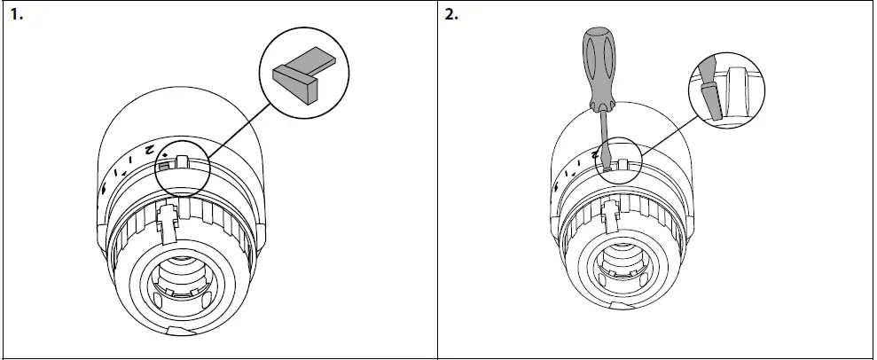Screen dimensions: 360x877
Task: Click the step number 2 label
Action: [452, 16]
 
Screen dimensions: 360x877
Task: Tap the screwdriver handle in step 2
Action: [599, 67]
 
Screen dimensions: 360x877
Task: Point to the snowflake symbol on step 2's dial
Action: [555, 185]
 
